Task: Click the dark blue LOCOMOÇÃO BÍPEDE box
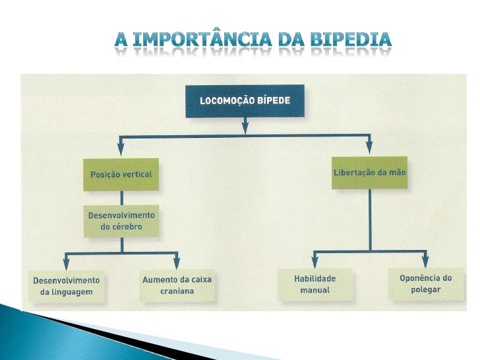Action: (x=245, y=101)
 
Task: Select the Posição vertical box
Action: (x=121, y=175)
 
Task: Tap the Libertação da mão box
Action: (x=369, y=172)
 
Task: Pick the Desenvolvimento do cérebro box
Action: (x=122, y=222)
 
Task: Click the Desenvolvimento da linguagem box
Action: (x=66, y=285)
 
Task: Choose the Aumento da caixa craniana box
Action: (x=177, y=285)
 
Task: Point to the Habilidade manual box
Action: (x=315, y=284)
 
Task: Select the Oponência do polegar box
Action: (x=425, y=284)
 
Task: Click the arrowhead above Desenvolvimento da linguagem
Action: (x=65, y=262)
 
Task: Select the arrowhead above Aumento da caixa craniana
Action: (x=177, y=262)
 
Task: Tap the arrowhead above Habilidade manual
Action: (x=315, y=262)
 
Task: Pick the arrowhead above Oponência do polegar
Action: (x=425, y=262)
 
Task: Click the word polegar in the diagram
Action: (x=425, y=289)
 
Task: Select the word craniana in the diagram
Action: (x=177, y=291)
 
